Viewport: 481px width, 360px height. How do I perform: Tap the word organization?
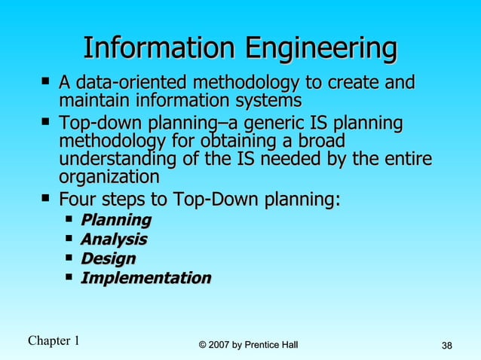(x=109, y=178)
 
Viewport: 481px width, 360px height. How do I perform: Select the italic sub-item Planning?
(x=115, y=220)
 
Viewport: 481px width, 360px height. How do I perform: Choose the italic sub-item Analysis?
(x=113, y=239)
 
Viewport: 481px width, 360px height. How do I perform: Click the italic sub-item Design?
(x=108, y=259)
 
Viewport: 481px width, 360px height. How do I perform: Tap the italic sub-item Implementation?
(x=146, y=278)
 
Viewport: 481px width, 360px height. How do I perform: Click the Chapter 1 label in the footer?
(x=54, y=340)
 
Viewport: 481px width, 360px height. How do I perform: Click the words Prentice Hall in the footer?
(x=273, y=345)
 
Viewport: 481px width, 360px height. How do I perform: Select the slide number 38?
(x=446, y=346)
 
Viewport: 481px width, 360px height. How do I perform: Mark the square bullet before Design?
(x=69, y=257)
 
